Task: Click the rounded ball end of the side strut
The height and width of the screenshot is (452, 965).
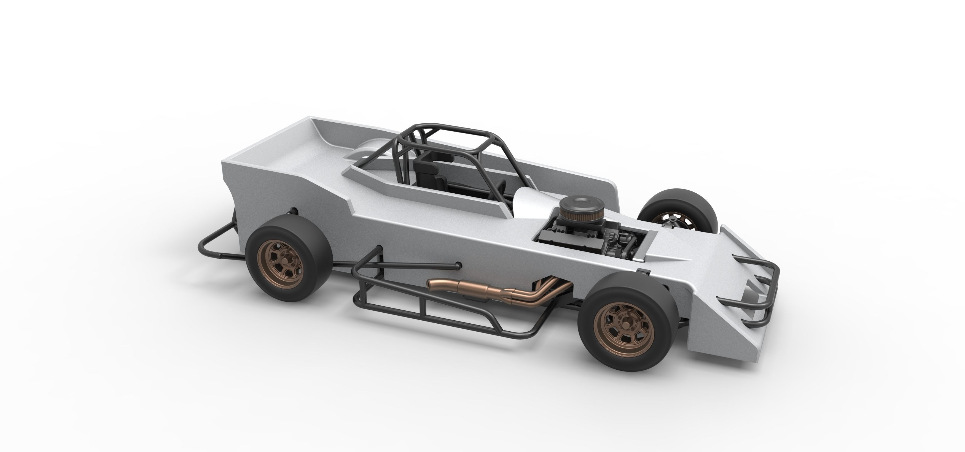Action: click(457, 266)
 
